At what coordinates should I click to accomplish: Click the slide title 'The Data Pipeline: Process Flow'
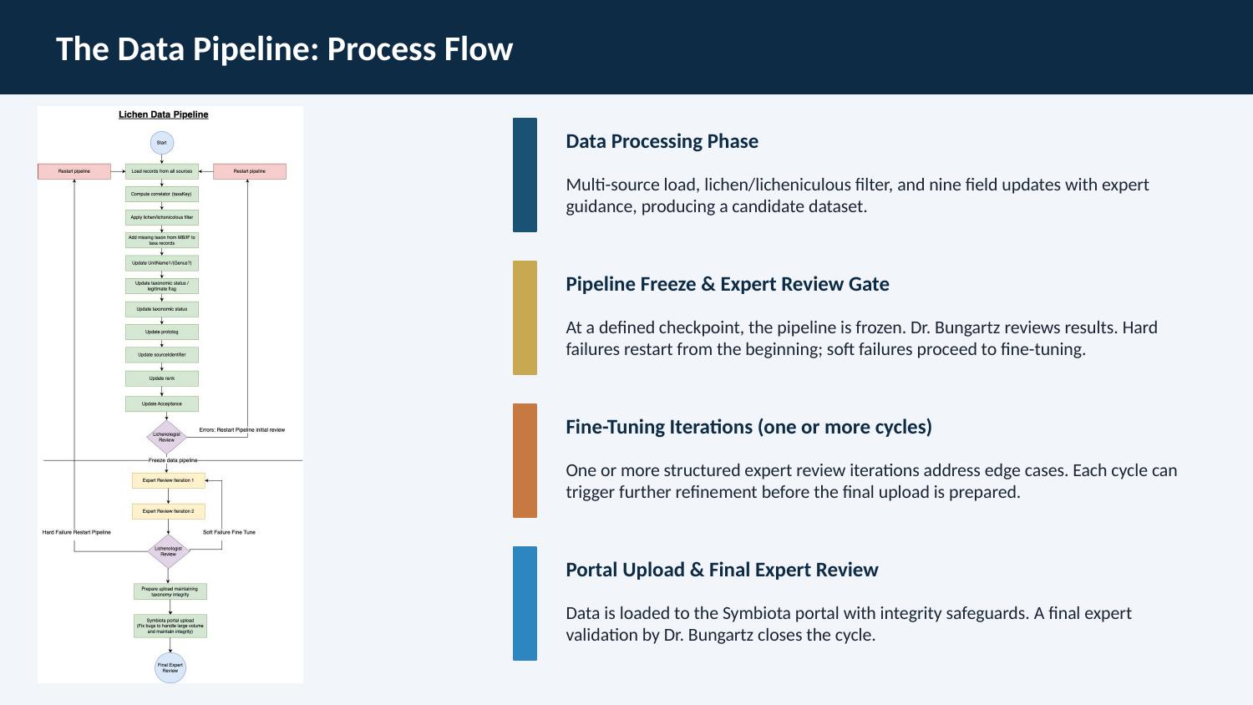pyautogui.click(x=284, y=49)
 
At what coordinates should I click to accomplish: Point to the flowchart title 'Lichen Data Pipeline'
pyautogui.click(x=164, y=114)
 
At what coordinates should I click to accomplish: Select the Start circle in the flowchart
pyautogui.click(x=162, y=143)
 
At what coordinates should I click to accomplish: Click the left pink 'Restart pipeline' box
pyautogui.click(x=74, y=171)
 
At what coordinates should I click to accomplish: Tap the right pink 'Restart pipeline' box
pyautogui.click(x=250, y=171)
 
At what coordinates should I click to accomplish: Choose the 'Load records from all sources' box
pyautogui.click(x=162, y=171)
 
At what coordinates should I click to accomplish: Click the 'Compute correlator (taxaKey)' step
pyautogui.click(x=162, y=194)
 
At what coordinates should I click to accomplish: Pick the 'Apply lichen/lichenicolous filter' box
pyautogui.click(x=162, y=217)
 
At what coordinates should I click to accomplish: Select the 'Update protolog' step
pyautogui.click(x=162, y=332)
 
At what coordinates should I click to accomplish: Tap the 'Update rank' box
pyautogui.click(x=162, y=378)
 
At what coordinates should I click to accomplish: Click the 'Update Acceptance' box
pyautogui.click(x=162, y=403)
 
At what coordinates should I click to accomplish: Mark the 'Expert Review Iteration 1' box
pyautogui.click(x=168, y=480)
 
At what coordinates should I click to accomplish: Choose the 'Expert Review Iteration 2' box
pyautogui.click(x=168, y=511)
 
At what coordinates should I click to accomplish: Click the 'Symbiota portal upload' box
pyautogui.click(x=170, y=626)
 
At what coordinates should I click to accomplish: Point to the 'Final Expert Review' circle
pyautogui.click(x=170, y=667)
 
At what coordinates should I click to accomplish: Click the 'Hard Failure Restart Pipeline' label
pyautogui.click(x=77, y=532)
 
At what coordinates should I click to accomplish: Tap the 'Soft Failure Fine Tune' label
pyautogui.click(x=229, y=532)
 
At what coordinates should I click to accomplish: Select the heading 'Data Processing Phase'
pyautogui.click(x=662, y=141)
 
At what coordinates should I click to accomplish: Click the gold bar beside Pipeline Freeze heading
pyautogui.click(x=525, y=317)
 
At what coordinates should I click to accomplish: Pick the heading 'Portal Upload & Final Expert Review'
pyautogui.click(x=722, y=570)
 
